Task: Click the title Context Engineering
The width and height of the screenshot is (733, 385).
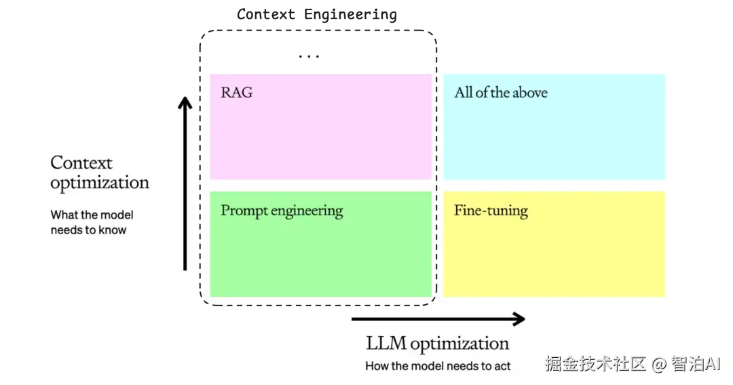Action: pyautogui.click(x=317, y=14)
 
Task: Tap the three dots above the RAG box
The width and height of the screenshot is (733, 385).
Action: pyautogui.click(x=309, y=56)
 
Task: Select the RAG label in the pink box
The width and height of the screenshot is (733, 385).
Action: pyautogui.click(x=237, y=92)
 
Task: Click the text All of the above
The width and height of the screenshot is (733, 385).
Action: pyautogui.click(x=501, y=92)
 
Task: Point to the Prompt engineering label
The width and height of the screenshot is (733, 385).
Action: pyautogui.click(x=282, y=211)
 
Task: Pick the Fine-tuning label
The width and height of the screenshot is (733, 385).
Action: pyautogui.click(x=491, y=211)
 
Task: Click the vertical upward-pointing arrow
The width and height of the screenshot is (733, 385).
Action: pyautogui.click(x=185, y=183)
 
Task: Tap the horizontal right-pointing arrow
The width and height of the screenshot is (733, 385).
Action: pyautogui.click(x=438, y=319)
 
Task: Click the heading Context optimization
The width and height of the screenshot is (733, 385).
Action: pyautogui.click(x=100, y=172)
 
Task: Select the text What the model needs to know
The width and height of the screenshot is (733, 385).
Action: pyautogui.click(x=92, y=222)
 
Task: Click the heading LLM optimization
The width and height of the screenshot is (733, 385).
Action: pyautogui.click(x=438, y=344)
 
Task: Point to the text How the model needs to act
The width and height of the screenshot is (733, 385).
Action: pyautogui.click(x=438, y=366)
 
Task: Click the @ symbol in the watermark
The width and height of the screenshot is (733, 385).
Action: pyautogui.click(x=658, y=364)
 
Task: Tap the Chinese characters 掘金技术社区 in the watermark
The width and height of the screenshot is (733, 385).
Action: pyautogui.click(x=596, y=364)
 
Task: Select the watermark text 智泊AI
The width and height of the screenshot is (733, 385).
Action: pyautogui.click(x=696, y=363)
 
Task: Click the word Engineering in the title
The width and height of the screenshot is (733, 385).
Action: pyautogui.click(x=351, y=15)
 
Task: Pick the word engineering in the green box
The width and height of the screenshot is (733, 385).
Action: pyautogui.click(x=307, y=211)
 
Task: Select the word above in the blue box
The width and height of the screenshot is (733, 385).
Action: pyautogui.click(x=530, y=92)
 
